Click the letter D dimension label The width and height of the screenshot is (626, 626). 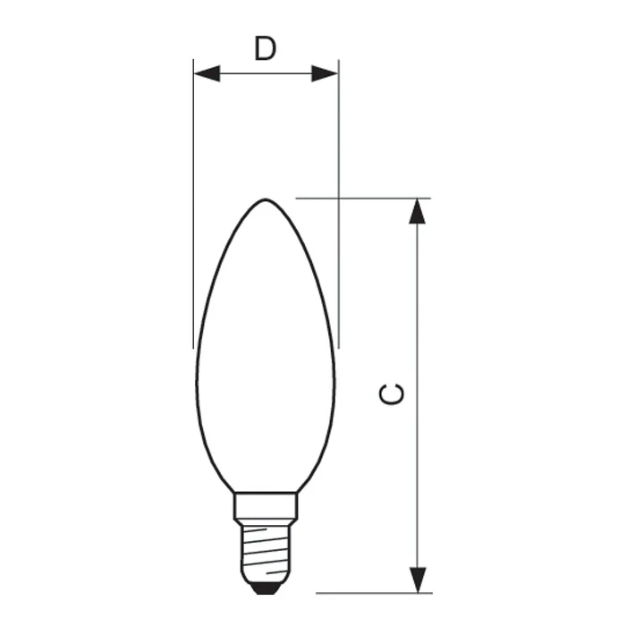[265, 48]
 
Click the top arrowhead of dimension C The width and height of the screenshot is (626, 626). [417, 212]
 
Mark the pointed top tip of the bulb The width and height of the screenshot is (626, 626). [265, 199]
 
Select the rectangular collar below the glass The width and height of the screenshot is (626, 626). [265, 506]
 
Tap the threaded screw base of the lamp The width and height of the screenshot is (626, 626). [265, 550]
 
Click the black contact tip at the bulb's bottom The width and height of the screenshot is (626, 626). [265, 588]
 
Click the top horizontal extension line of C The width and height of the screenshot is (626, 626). [376, 198]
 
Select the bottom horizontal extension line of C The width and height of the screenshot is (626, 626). [376, 592]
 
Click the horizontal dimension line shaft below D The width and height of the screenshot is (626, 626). [266, 73]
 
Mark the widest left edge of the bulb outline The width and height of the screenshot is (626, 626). [196, 376]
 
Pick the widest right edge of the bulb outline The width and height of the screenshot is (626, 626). [335, 376]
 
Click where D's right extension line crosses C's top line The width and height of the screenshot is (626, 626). [338, 198]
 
